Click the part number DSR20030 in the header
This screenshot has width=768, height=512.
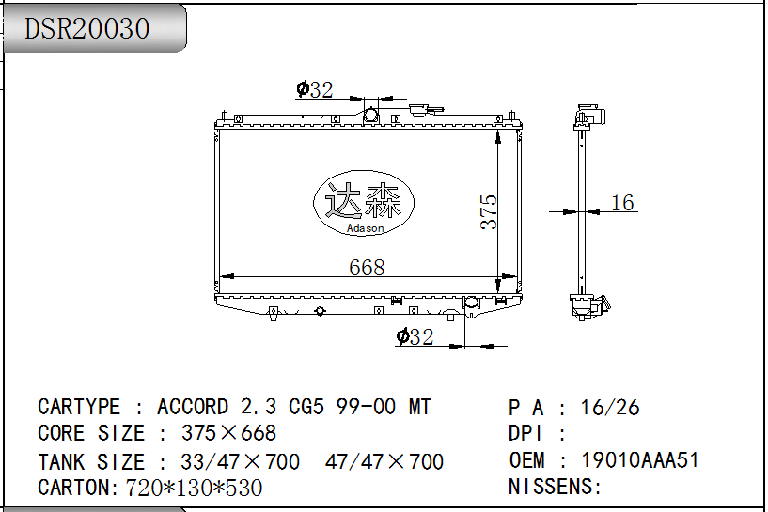click(x=86, y=28)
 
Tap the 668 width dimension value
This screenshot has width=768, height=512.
click(x=367, y=267)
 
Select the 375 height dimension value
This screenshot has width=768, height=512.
click(x=488, y=212)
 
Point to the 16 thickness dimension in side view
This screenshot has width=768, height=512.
click(x=622, y=203)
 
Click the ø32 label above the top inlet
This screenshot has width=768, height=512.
click(x=315, y=89)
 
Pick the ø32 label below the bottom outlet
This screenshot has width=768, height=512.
click(x=415, y=336)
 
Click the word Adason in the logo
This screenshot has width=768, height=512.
click(x=365, y=228)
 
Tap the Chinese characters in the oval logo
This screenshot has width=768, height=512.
click(x=364, y=201)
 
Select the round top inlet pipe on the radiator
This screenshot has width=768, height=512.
click(x=370, y=116)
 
